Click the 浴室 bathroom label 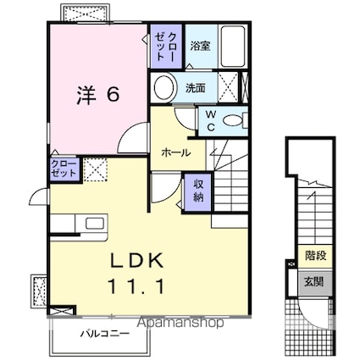(200, 45)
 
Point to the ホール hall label (176, 153)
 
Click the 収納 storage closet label (197, 191)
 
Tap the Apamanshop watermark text (178, 323)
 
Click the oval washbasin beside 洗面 (164, 86)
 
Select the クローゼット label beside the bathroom (166, 44)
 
